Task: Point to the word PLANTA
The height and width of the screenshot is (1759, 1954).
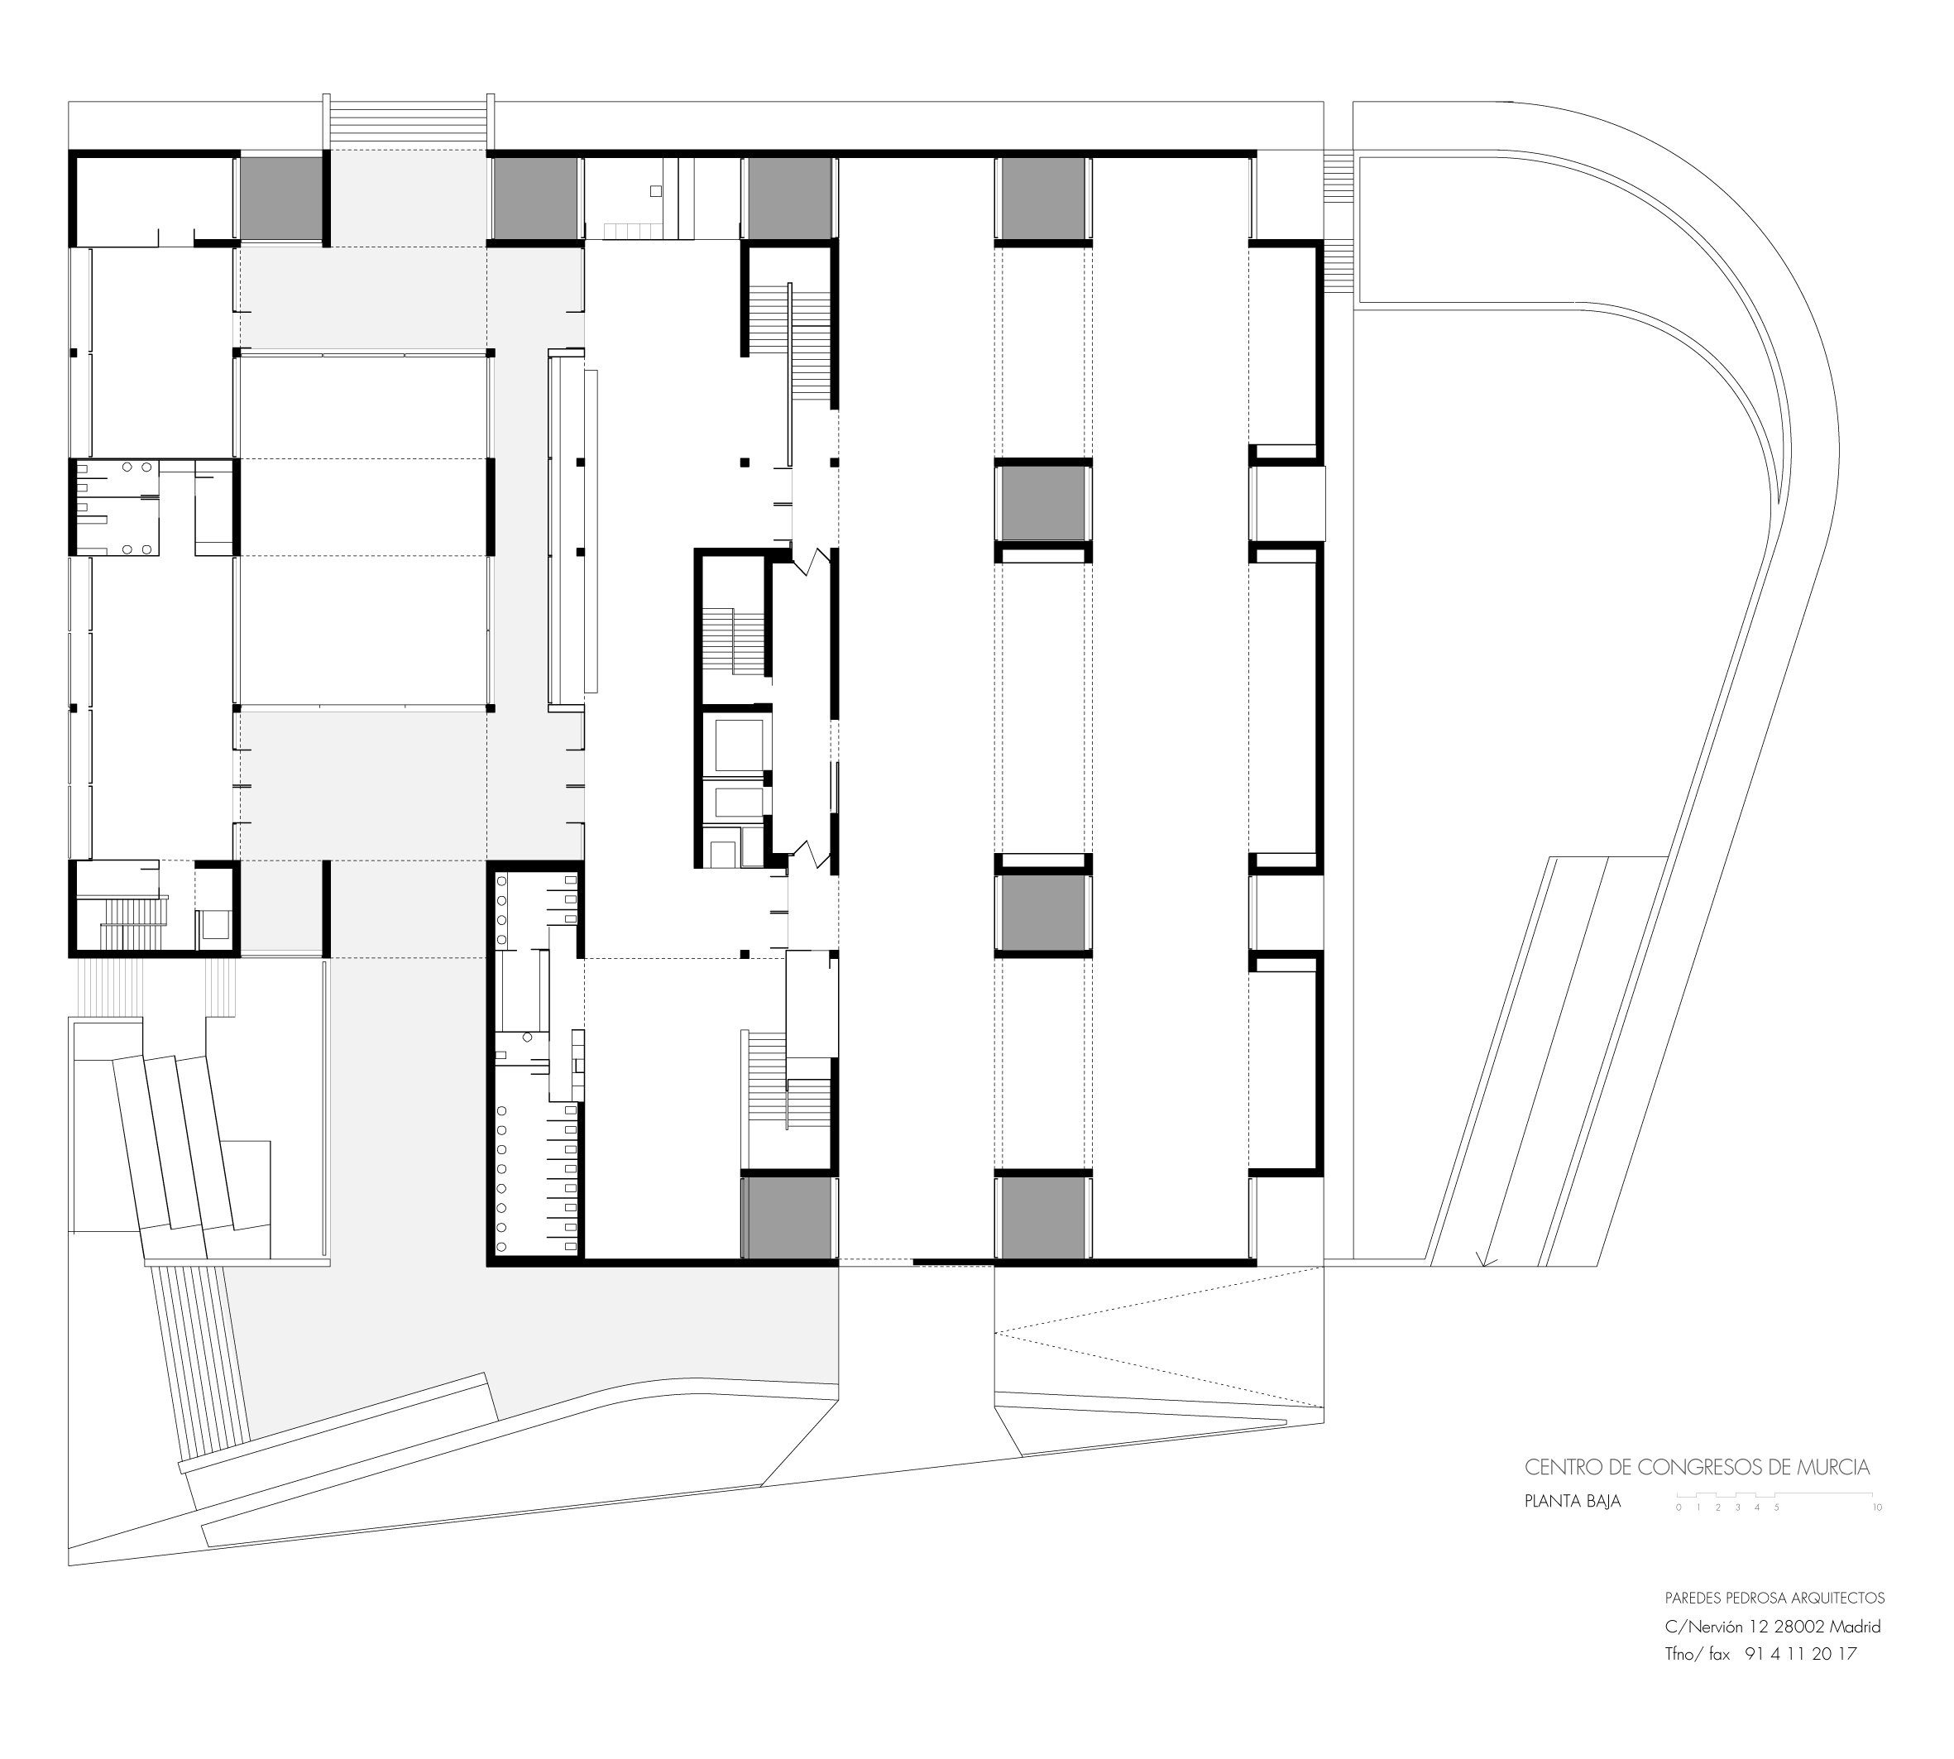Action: click(x=1546, y=1502)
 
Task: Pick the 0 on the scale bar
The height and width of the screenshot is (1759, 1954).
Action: click(x=1679, y=1507)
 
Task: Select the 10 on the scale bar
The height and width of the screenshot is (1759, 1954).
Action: click(x=1878, y=1507)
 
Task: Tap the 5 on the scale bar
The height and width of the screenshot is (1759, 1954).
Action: click(x=1776, y=1507)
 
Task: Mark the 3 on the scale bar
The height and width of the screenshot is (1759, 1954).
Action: click(x=1737, y=1507)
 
